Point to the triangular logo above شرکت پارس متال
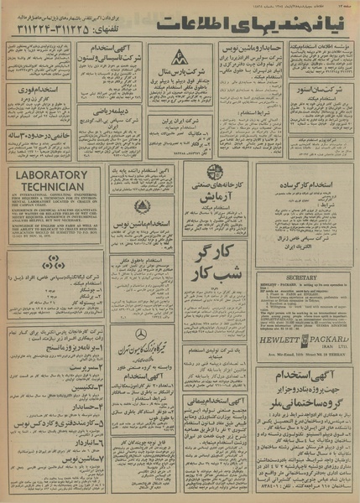click(178, 57)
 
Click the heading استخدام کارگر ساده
click(304, 184)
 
